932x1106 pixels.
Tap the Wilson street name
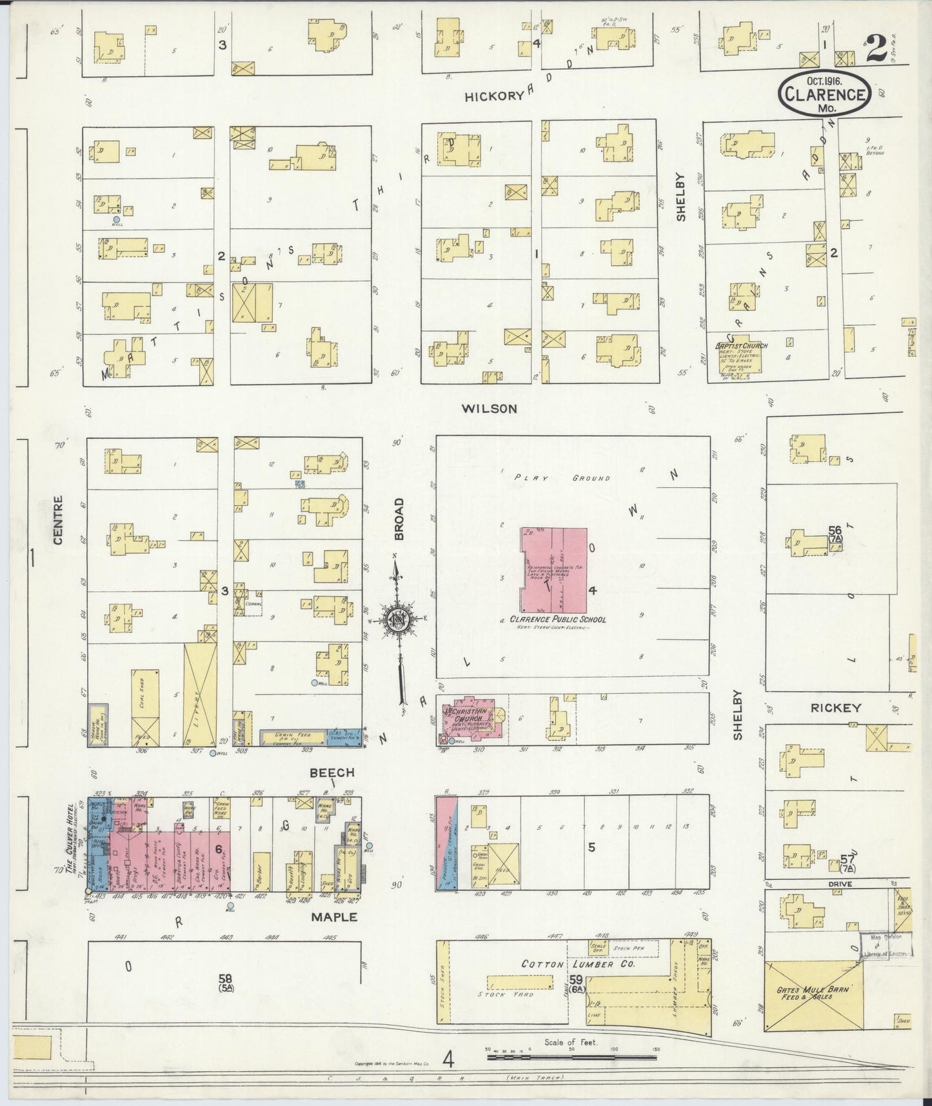tap(490, 408)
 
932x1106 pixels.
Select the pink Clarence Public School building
tap(554, 571)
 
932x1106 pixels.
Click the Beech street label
tap(332, 772)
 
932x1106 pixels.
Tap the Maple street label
tap(333, 916)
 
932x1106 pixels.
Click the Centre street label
tap(59, 519)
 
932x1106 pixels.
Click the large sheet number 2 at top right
tap(876, 49)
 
